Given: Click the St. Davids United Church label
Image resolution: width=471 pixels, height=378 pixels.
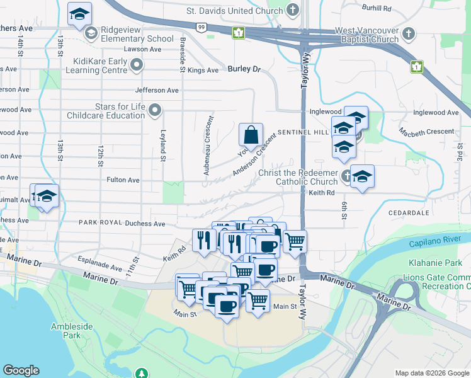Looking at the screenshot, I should [x=234, y=11].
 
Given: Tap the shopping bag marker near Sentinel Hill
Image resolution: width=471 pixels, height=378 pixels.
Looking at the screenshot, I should [x=251, y=135].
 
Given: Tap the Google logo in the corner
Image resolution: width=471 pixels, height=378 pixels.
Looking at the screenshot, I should [x=21, y=370].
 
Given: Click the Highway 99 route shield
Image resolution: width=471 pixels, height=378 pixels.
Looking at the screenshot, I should [x=201, y=26].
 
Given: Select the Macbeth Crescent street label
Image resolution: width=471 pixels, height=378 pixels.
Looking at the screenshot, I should [x=426, y=132].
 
